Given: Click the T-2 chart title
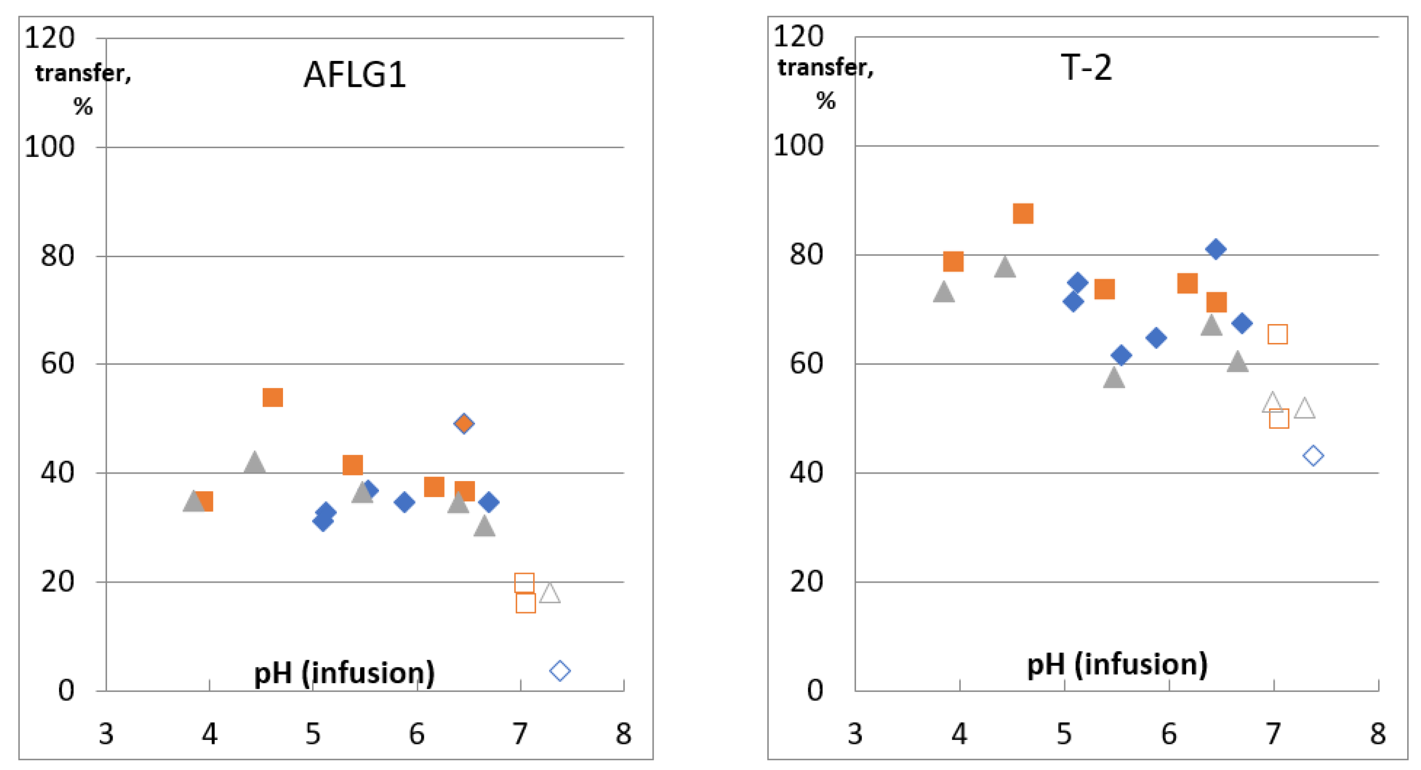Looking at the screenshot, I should pyautogui.click(x=1086, y=68).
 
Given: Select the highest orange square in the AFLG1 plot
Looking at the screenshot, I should pyautogui.click(x=272, y=397).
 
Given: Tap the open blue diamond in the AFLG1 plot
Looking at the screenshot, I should pyautogui.click(x=560, y=671).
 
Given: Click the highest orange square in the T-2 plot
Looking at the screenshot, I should pyautogui.click(x=1023, y=213).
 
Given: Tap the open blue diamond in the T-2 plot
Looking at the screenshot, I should pyautogui.click(x=1313, y=456).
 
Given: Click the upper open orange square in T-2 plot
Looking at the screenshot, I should pyautogui.click(x=1277, y=334).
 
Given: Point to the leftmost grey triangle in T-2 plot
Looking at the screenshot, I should pyautogui.click(x=944, y=292).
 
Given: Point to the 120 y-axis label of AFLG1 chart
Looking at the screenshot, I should pyautogui.click(x=50, y=38).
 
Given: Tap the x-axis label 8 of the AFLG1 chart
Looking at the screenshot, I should pyautogui.click(x=623, y=734).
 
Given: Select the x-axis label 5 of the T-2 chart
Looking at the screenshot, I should pyautogui.click(x=1064, y=734).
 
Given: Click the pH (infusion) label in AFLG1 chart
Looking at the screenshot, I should pyautogui.click(x=344, y=673).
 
